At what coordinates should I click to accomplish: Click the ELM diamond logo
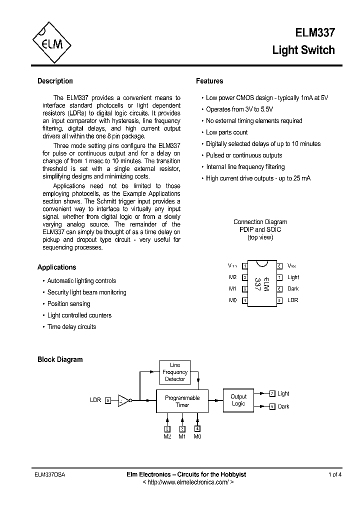(52, 44)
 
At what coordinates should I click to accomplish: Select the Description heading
(55, 81)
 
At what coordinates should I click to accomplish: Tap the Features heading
(209, 81)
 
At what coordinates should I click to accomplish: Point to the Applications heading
(56, 267)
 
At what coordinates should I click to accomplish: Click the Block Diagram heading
(60, 359)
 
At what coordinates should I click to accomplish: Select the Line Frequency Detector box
(175, 372)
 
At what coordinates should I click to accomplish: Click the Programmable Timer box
(182, 401)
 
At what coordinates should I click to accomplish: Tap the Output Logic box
(238, 400)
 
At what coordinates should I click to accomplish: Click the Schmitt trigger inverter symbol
(123, 400)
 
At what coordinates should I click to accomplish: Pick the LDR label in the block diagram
(95, 400)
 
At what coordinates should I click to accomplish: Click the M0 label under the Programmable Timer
(197, 436)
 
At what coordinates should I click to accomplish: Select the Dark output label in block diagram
(283, 406)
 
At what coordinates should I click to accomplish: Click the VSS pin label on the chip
(292, 265)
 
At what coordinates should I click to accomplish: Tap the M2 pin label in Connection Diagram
(232, 277)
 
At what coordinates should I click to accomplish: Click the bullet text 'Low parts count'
(227, 132)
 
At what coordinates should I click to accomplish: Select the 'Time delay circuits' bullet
(71, 327)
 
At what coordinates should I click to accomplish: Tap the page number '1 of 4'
(335, 474)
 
